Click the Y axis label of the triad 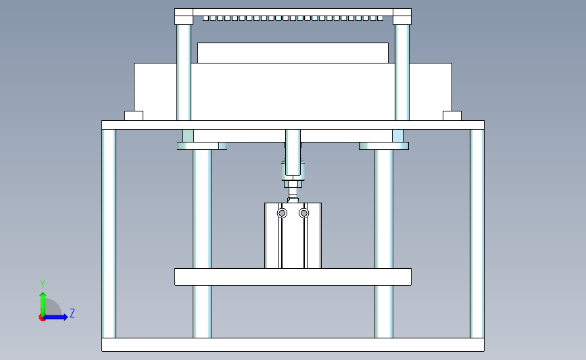(42, 284)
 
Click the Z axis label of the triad (72, 313)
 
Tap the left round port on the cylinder (281, 213)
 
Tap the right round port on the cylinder (303, 213)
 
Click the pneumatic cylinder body (293, 243)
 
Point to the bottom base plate (293, 344)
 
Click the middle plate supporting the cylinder (293, 276)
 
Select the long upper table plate (293, 125)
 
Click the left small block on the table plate (134, 115)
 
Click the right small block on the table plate (451, 115)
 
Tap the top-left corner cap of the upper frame (183, 16)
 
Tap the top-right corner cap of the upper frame (401, 16)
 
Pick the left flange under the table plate (201, 145)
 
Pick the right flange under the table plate (384, 145)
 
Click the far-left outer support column (109, 233)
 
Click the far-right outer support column (477, 233)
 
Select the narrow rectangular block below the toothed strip (293, 53)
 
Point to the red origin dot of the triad (43, 317)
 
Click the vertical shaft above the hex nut (293, 152)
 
